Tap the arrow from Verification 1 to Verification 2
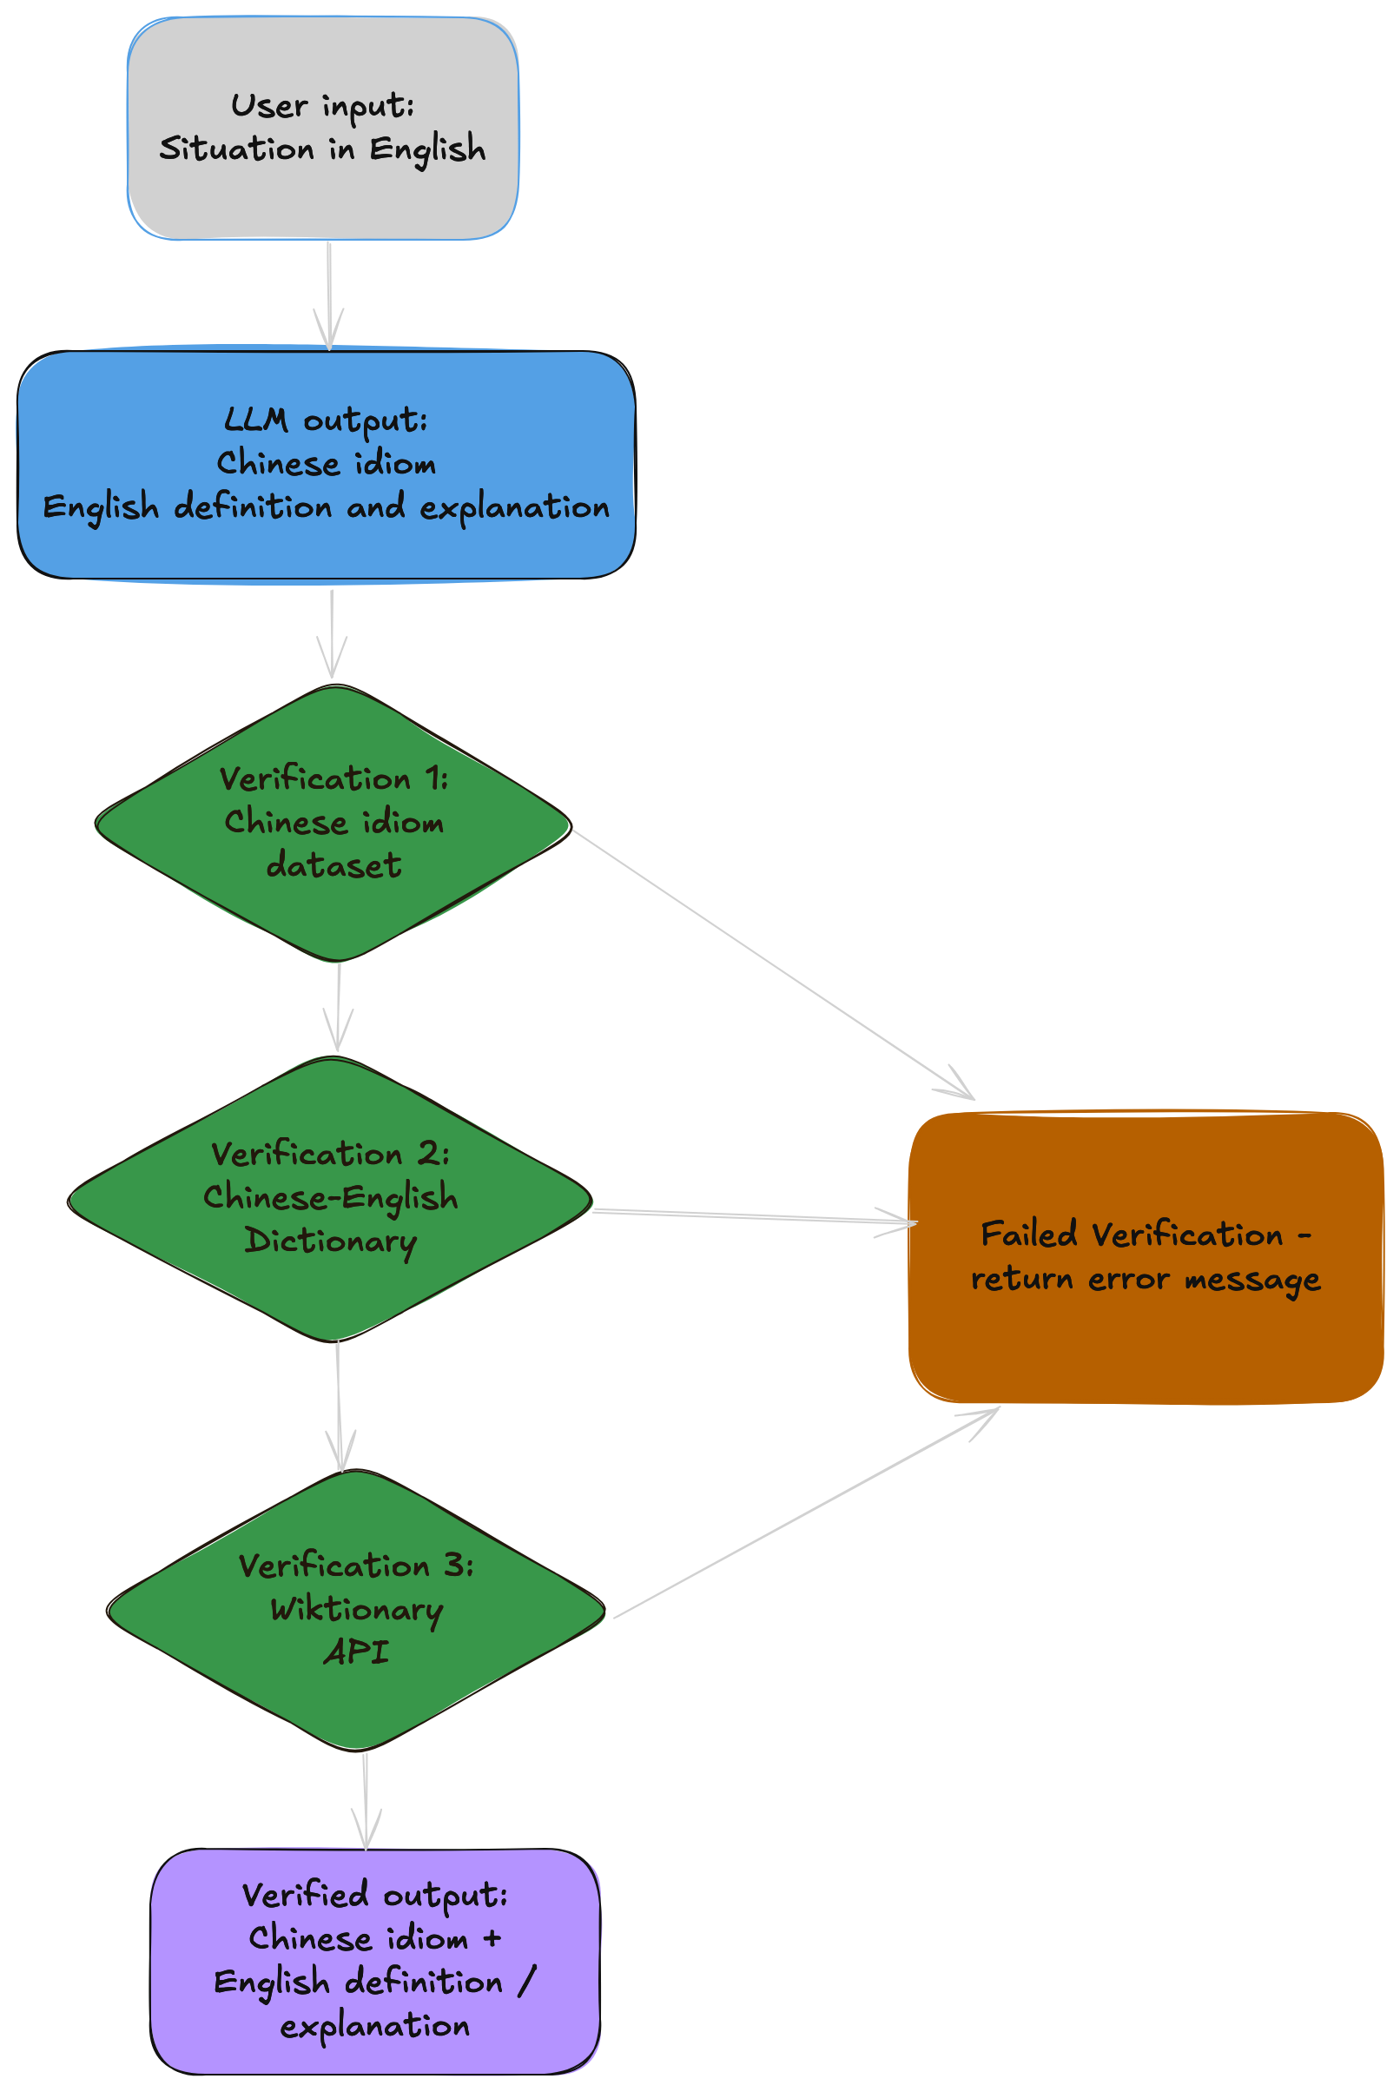339,1006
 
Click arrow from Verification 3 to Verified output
365,1799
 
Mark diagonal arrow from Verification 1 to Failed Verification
772,963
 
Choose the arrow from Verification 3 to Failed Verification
803,1514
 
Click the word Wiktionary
356,1609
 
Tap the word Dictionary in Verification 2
330,1241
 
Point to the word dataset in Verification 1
333,865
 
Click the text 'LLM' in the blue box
255,419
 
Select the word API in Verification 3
355,1652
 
